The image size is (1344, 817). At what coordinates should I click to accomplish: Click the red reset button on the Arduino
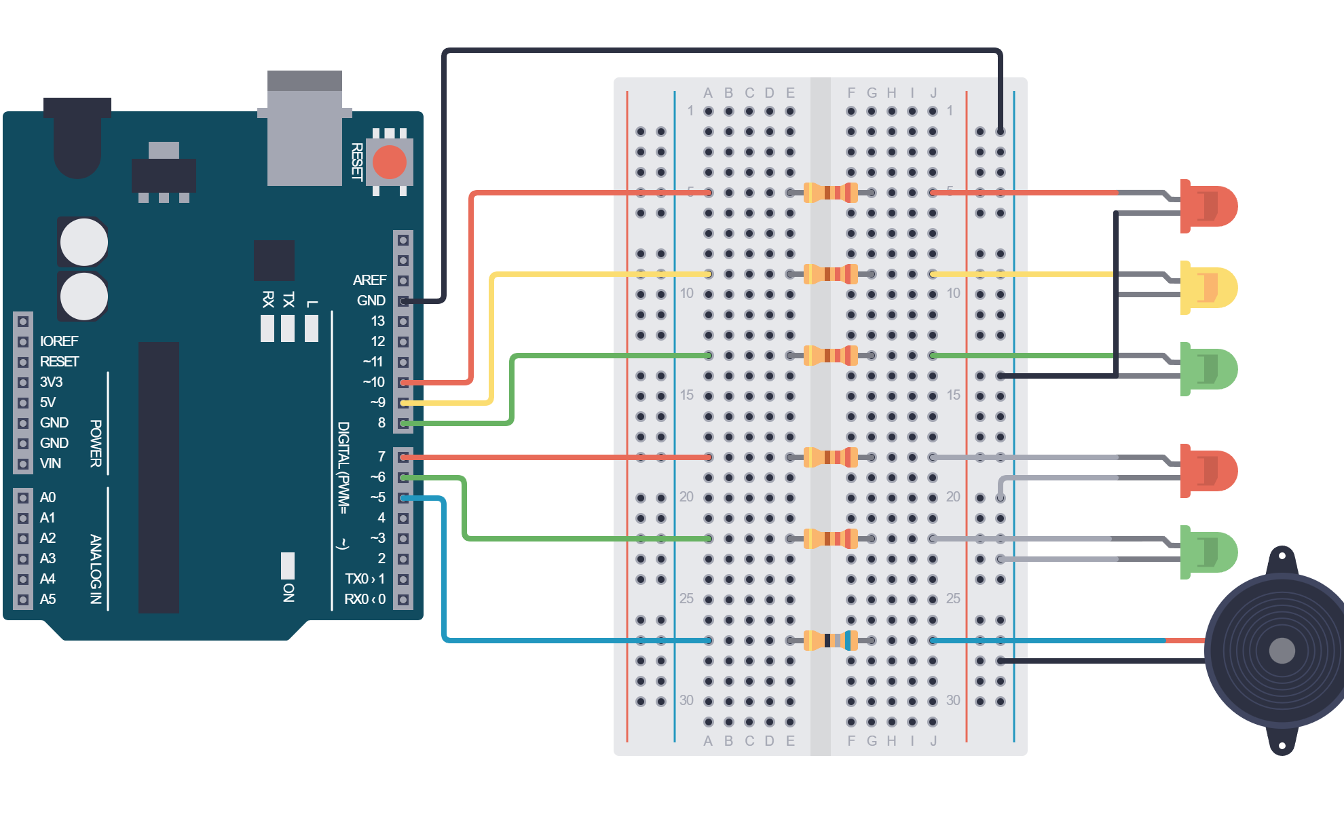coord(390,162)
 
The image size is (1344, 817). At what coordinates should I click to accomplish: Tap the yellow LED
coord(1208,287)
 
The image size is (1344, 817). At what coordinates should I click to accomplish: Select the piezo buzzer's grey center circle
coord(1282,651)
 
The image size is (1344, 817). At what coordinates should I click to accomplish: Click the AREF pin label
coord(369,280)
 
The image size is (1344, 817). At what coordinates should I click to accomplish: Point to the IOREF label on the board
coord(59,341)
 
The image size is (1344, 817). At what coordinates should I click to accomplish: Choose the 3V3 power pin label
coord(51,382)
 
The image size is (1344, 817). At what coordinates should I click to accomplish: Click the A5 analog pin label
coord(48,599)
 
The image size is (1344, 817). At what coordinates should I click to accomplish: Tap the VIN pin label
coord(50,463)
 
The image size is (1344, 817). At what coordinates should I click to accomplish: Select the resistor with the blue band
coord(830,640)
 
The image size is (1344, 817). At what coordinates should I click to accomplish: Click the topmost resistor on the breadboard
coord(830,193)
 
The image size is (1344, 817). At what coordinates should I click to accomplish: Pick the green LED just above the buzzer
coord(1208,552)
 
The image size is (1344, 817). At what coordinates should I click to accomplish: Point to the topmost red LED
coord(1208,206)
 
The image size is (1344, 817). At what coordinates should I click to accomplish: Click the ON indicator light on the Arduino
coord(288,565)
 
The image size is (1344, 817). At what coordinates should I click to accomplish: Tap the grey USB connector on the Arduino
coord(305,128)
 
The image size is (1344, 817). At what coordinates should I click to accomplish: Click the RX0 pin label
coord(365,599)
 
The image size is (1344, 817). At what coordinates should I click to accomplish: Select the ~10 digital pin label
coord(374,382)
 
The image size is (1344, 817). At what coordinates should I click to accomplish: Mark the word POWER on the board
coord(96,443)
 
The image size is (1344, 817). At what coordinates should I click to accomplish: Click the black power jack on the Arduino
coord(77,138)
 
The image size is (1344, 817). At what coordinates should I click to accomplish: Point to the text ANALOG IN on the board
coord(96,569)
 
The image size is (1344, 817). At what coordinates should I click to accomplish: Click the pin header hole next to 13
coord(403,321)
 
